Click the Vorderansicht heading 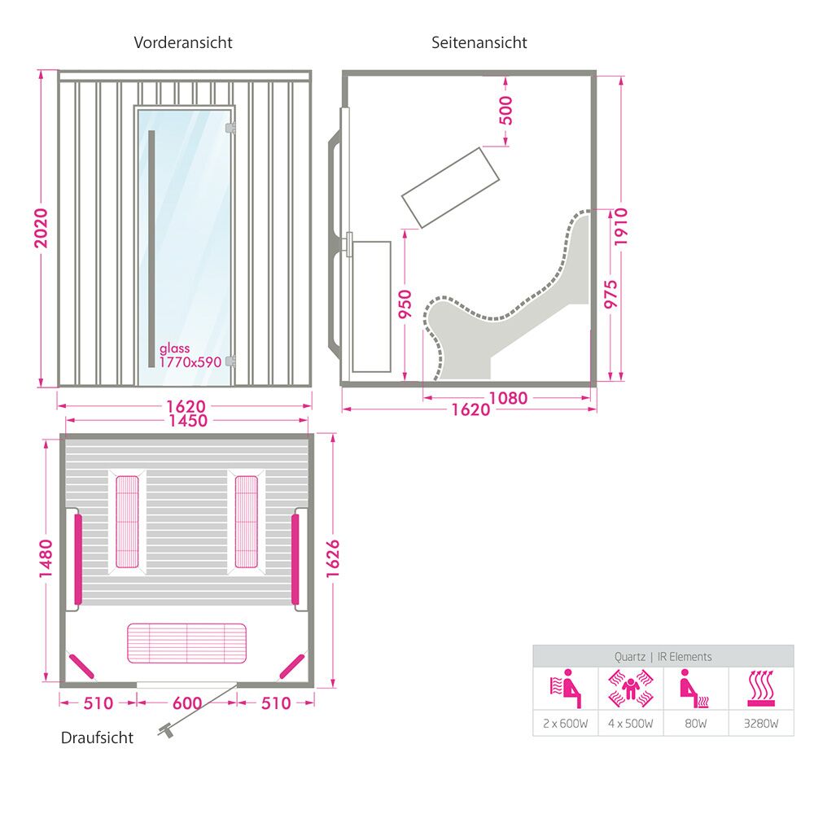click(x=182, y=42)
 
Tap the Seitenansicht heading click(x=479, y=42)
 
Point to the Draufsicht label click(x=97, y=737)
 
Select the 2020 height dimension click(x=41, y=228)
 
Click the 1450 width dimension click(x=188, y=421)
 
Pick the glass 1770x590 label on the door click(x=190, y=356)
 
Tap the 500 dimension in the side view click(x=505, y=110)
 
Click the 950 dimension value click(x=405, y=304)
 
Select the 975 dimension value click(x=611, y=295)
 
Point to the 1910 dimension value click(x=621, y=227)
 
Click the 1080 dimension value click(x=508, y=398)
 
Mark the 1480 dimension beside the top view click(x=46, y=558)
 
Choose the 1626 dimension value click(x=332, y=558)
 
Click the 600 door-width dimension click(x=187, y=703)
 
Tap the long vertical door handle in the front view click(x=151, y=248)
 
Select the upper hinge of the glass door click(x=230, y=128)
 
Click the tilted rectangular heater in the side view click(x=451, y=187)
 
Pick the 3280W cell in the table click(x=761, y=723)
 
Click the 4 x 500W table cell click(x=630, y=723)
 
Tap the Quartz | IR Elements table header click(x=663, y=657)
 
